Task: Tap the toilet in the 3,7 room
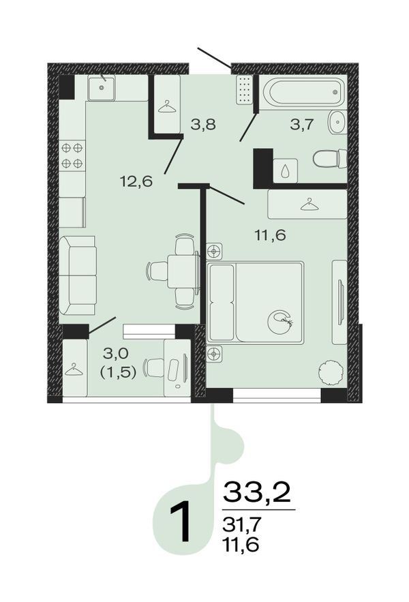[330, 159]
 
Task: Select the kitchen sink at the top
[102, 88]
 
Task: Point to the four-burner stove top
[72, 155]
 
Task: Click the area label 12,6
[136, 181]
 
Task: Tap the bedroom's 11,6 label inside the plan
[271, 235]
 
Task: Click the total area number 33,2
[256, 492]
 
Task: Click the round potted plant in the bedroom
[331, 372]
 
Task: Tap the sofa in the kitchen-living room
[78, 275]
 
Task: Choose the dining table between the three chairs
[183, 271]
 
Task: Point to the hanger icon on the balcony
[74, 370]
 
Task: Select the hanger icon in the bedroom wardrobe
[309, 205]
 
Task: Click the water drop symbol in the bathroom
[285, 172]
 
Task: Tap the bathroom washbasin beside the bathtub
[337, 122]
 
